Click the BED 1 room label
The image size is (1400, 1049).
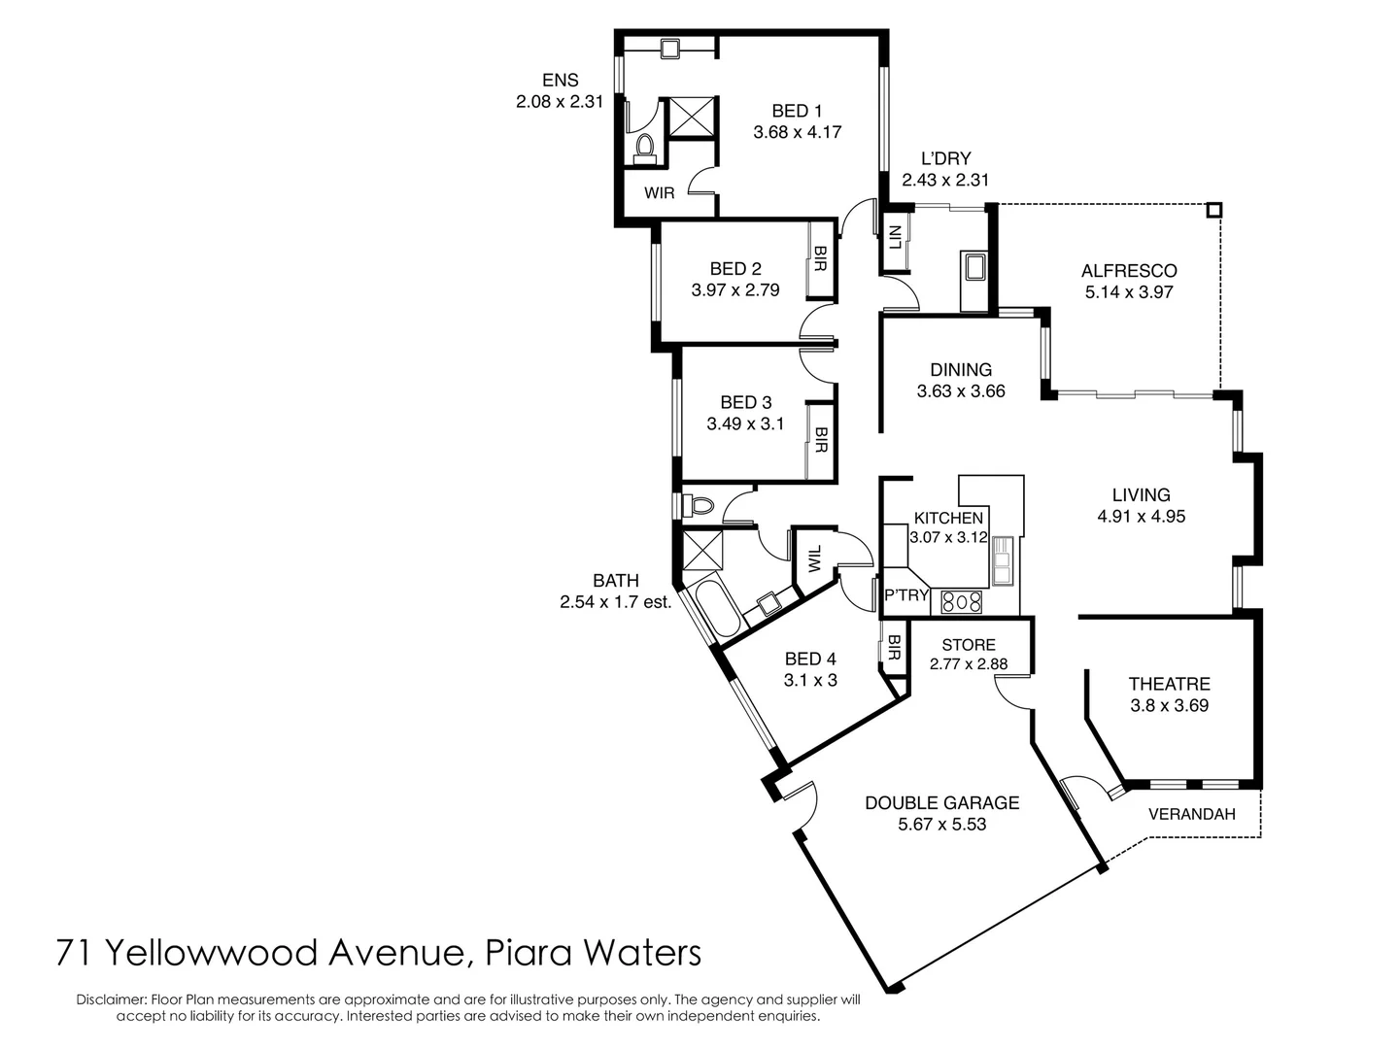797,111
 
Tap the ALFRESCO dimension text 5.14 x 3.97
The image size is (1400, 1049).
1128,292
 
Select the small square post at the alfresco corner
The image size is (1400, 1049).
1213,210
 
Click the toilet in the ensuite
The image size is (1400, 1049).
643,148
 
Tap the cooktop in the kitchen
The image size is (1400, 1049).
962,602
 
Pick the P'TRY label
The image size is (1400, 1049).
905,595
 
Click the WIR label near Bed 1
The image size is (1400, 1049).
659,193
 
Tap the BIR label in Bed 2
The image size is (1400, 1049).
820,259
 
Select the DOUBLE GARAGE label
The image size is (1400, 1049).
941,803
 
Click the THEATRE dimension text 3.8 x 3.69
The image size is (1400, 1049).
1169,706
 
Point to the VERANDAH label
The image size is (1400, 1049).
1191,815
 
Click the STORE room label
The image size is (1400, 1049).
968,645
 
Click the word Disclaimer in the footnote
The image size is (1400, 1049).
110,999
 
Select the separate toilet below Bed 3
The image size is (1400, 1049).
700,505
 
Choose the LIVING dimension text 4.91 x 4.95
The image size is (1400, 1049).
1141,517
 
